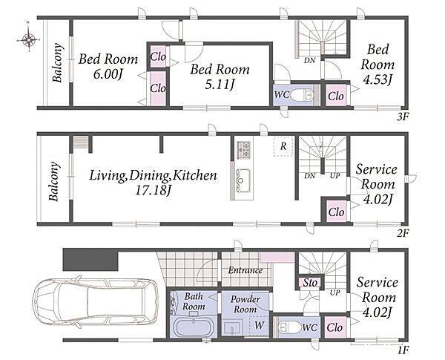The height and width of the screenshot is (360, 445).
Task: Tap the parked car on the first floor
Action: [96, 301]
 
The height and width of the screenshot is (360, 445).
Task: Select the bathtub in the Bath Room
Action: [194, 327]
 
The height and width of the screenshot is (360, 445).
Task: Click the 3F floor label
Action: [402, 117]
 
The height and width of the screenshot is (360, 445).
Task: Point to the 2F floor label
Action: [403, 234]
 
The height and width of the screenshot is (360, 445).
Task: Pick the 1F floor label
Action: [403, 350]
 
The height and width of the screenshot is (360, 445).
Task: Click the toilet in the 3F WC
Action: [302, 94]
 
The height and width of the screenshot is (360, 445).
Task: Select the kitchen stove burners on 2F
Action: [243, 150]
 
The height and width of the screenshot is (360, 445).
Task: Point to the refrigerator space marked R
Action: [283, 146]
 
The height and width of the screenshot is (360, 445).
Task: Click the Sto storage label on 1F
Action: [310, 282]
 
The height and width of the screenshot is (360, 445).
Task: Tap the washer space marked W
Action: [259, 325]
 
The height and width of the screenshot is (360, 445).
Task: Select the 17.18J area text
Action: [154, 190]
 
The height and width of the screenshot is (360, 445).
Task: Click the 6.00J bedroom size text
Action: [108, 74]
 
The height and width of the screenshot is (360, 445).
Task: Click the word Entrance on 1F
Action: [245, 270]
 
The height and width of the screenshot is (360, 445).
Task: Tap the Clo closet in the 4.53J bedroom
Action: [336, 96]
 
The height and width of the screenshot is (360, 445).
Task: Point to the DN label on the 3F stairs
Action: [309, 61]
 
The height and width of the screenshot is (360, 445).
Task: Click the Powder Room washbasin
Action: [232, 327]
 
